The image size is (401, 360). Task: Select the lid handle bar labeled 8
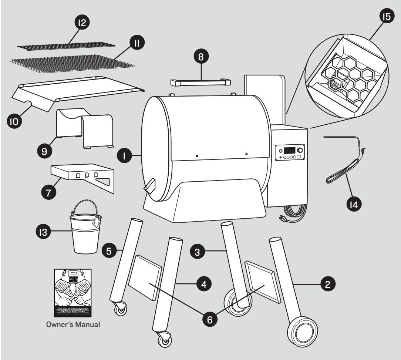click(198, 81)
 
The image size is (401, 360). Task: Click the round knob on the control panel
click(299, 150)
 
